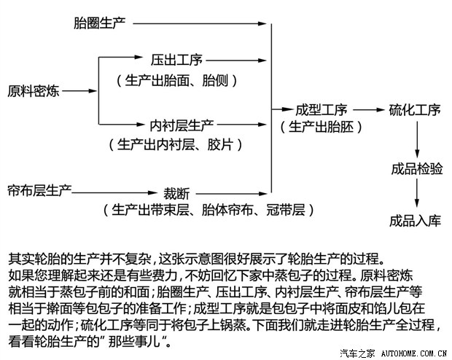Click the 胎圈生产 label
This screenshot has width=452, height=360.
[99, 23]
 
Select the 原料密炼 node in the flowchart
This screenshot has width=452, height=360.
[33, 91]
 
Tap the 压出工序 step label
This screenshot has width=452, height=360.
[176, 60]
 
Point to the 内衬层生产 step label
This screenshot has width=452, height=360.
[182, 125]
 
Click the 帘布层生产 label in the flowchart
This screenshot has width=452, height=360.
[39, 190]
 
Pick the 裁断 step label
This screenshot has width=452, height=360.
[176, 194]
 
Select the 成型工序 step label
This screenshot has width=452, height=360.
[322, 110]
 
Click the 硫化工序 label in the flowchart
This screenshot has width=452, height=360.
[415, 110]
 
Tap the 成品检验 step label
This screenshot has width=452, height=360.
[417, 168]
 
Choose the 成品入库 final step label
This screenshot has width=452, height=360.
[416, 221]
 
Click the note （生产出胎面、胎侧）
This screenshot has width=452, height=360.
[176, 80]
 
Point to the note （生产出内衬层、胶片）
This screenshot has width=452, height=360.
[176, 144]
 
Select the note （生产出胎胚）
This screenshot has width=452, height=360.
[321, 127]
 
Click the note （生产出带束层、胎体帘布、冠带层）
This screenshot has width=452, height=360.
[209, 210]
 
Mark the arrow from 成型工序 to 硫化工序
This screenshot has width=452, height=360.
[369, 110]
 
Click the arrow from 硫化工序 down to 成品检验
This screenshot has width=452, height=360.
[417, 139]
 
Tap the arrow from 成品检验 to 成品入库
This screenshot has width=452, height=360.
[417, 193]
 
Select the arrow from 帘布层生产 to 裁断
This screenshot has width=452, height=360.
[114, 192]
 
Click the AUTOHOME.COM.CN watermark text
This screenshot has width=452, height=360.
[414, 353]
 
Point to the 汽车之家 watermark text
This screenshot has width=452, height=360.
[357, 353]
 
